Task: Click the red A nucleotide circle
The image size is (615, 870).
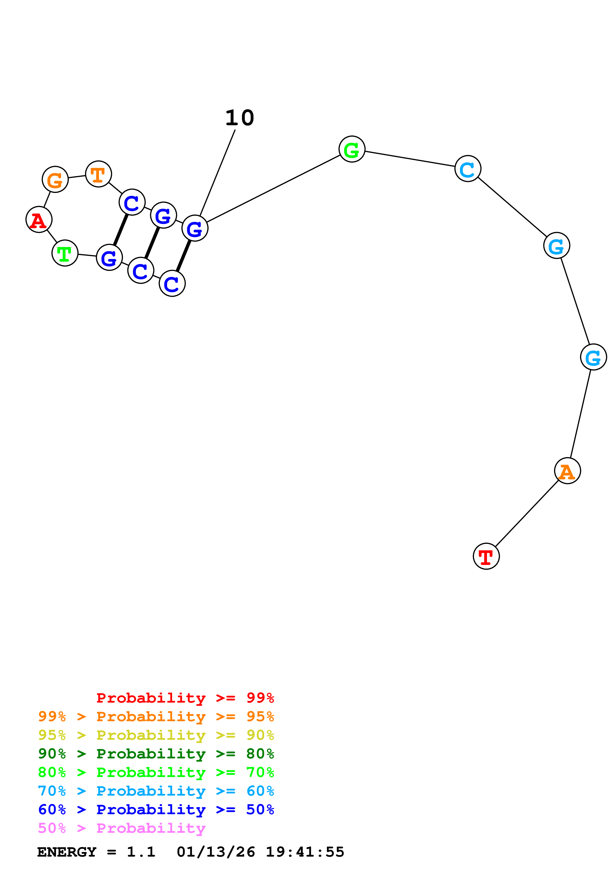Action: click(39, 220)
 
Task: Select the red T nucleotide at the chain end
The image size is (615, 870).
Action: click(486, 556)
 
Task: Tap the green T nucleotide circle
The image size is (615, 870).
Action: click(65, 253)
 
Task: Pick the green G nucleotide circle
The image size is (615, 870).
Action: click(352, 149)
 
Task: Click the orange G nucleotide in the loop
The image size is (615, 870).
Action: click(55, 179)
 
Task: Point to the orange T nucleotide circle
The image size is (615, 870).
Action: click(98, 174)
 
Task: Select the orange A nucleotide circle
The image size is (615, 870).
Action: click(567, 471)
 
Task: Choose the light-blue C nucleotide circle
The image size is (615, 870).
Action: click(468, 169)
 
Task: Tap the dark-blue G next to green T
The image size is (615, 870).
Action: click(109, 258)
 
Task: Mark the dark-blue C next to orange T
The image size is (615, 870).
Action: click(132, 202)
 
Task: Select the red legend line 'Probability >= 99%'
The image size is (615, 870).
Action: click(185, 698)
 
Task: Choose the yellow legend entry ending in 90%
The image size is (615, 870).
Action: click(156, 735)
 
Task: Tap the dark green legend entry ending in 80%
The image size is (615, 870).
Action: click(156, 754)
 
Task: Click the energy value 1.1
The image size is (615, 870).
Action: click(141, 852)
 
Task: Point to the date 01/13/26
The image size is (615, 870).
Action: click(216, 852)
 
